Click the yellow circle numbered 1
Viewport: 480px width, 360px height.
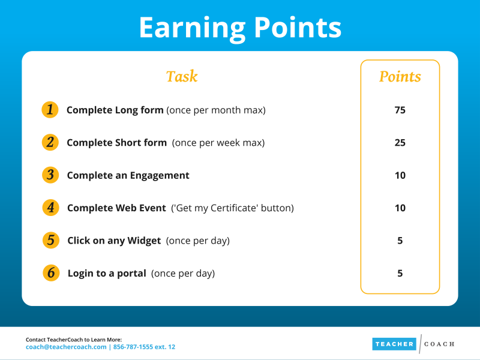[50, 110]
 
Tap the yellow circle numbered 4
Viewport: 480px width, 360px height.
[50, 208]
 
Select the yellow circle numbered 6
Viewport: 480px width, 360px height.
[51, 273]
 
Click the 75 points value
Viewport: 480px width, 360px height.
[400, 110]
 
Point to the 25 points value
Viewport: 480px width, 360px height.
[400, 143]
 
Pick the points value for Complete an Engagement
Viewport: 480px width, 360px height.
[400, 175]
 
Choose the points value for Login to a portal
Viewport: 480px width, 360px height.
[400, 274]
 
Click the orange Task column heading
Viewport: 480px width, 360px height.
[182, 76]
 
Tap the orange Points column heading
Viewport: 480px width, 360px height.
[400, 77]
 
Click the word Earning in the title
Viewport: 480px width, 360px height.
[192, 28]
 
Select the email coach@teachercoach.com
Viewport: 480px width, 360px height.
[66, 347]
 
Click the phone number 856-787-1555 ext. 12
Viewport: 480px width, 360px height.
[144, 347]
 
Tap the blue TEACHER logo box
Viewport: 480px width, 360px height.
[394, 344]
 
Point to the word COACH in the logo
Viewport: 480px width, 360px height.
[439, 344]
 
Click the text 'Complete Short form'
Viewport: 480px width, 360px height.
[116, 143]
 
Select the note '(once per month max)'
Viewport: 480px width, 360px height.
[216, 110]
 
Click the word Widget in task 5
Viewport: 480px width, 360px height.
[144, 241]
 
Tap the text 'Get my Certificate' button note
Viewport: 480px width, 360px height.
[232, 208]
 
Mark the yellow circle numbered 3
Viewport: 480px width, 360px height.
[50, 175]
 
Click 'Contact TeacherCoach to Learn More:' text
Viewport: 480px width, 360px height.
[74, 340]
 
